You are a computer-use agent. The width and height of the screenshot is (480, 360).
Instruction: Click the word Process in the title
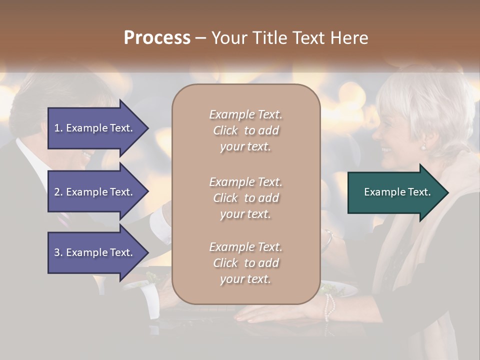(x=157, y=38)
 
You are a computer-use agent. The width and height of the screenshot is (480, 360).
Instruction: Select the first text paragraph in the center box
(x=245, y=130)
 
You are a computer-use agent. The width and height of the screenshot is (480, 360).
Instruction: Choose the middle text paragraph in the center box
(x=245, y=197)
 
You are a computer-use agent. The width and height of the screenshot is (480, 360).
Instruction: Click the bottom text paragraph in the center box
(x=245, y=263)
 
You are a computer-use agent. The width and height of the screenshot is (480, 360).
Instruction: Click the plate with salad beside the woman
(x=340, y=289)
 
